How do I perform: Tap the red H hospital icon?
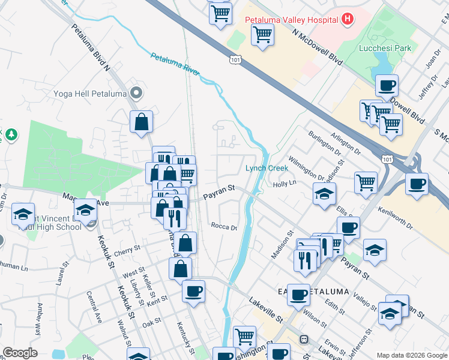click(346, 19)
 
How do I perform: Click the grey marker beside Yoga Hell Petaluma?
click(136, 93)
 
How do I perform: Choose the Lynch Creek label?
click(267, 169)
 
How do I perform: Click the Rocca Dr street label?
click(224, 227)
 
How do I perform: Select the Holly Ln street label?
click(285, 184)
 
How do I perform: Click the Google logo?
click(20, 353)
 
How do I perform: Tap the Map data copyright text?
click(411, 355)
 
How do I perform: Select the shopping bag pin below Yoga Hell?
click(140, 122)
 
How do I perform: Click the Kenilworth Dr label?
click(395, 218)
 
